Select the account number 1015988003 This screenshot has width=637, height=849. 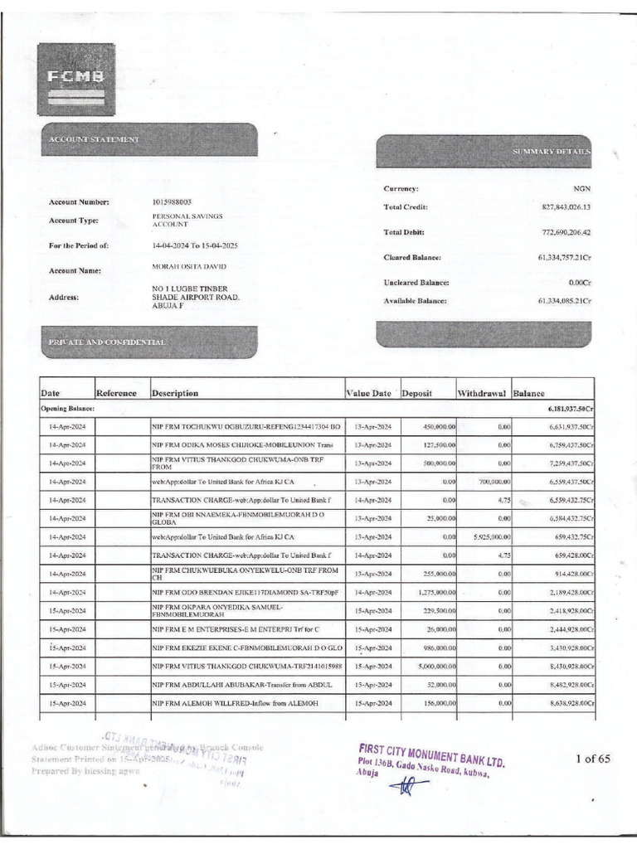tap(172, 201)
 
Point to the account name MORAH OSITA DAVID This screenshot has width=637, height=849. tap(189, 266)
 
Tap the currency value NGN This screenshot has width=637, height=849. tap(581, 188)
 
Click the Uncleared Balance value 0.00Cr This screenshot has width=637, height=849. tap(574, 283)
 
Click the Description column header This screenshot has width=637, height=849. tap(175, 393)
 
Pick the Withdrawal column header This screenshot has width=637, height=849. tap(483, 393)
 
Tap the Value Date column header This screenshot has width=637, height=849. tap(368, 393)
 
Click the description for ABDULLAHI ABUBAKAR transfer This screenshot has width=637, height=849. tap(241, 684)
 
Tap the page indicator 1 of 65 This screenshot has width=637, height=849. tap(592, 758)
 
